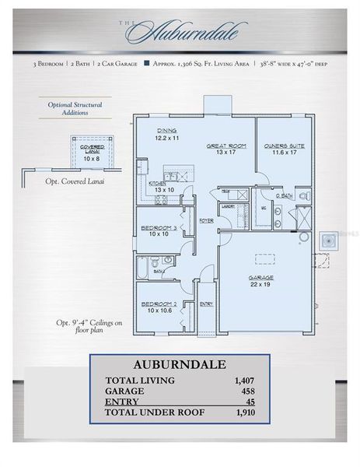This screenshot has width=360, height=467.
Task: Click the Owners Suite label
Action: click(284, 146)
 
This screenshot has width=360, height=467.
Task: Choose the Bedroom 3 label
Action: click(158, 228)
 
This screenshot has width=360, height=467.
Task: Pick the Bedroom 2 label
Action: click(158, 304)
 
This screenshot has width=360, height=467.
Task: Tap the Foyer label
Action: click(206, 221)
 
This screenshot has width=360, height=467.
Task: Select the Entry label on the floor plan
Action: click(206, 304)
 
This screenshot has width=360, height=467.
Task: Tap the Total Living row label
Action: click(140, 381)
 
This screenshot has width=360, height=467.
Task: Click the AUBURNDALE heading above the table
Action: click(180, 364)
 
